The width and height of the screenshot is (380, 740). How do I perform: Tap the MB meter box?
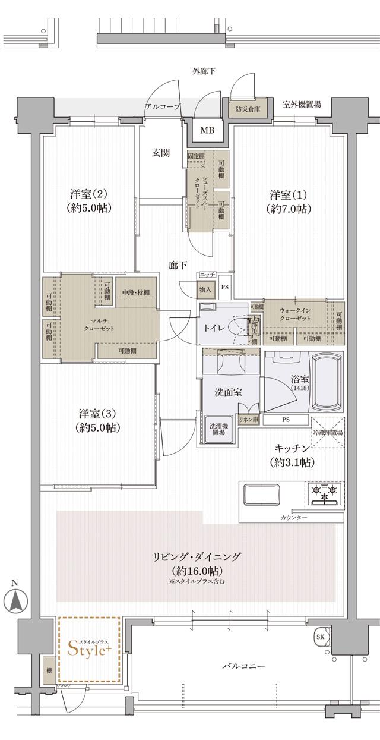coord(207,130)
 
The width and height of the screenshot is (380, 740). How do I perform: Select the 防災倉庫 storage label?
coord(246,109)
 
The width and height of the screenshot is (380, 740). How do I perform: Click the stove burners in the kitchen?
coord(325,493)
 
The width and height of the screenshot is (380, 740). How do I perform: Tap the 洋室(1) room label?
coord(289,202)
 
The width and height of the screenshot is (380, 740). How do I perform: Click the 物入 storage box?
coord(205,289)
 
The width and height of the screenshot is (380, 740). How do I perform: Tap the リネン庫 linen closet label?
coord(249,420)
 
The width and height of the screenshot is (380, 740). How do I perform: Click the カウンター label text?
coord(294,518)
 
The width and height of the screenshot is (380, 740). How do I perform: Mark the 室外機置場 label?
coord(302,105)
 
